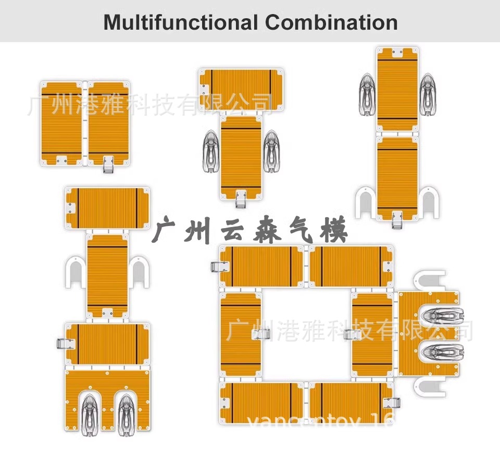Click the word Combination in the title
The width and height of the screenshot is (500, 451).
[x=331, y=22]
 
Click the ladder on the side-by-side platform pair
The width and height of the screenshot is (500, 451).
[x=108, y=164]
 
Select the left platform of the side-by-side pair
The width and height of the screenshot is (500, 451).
[x=61, y=123]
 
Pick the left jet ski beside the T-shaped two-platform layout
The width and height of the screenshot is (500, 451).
[x=209, y=151]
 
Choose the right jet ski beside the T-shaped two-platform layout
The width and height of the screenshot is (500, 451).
[x=271, y=151]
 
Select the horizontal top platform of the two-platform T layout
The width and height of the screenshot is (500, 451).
[x=241, y=89]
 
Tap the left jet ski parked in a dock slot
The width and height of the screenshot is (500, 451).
[x=88, y=411]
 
